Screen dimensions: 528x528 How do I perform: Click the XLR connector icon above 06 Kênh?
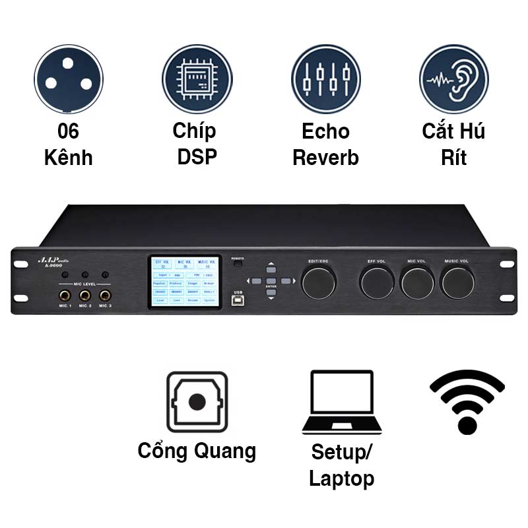(x=69, y=80)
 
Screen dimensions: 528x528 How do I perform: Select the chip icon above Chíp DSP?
(x=197, y=80)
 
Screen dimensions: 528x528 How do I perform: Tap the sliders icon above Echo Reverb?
(x=326, y=80)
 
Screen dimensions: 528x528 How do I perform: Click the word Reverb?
(x=326, y=158)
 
